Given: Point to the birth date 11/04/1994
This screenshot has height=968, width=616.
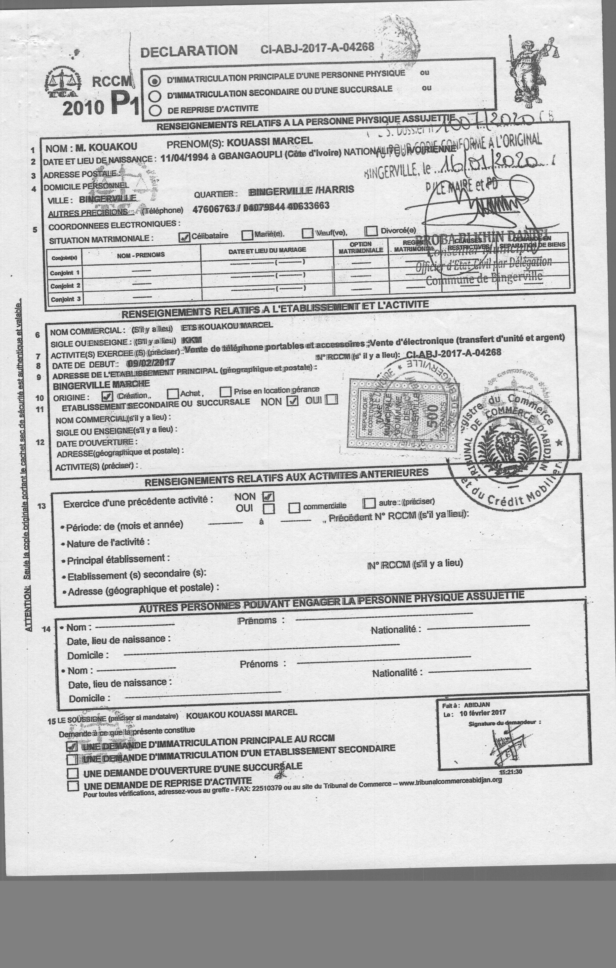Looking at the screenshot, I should (x=181, y=157).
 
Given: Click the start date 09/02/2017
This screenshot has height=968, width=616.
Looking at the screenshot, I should (x=150, y=363).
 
